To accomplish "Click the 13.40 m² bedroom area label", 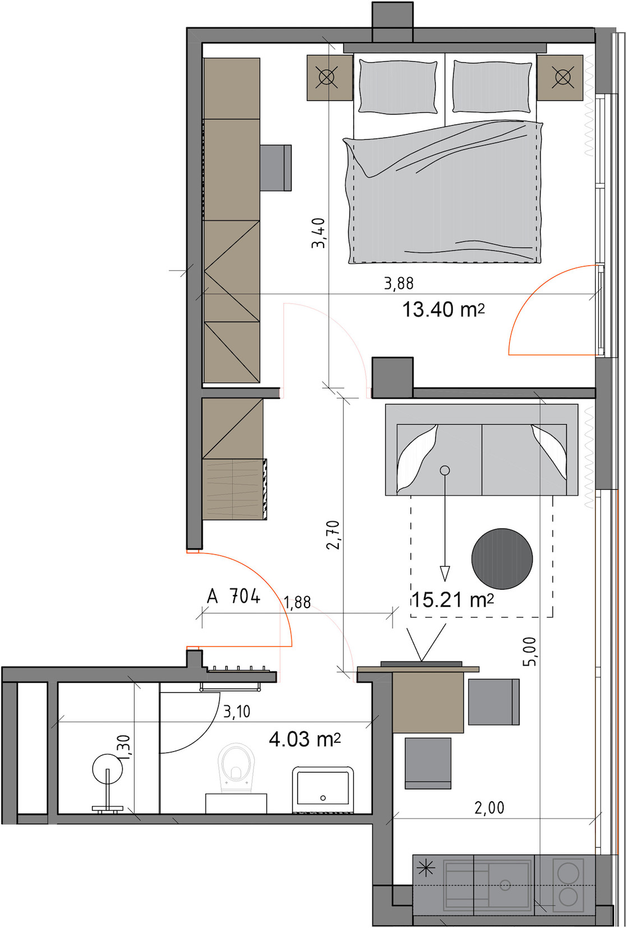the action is point(443,310).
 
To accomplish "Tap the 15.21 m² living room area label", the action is point(453,599).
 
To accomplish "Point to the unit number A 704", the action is point(233,596).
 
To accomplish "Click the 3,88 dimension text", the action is point(399,283).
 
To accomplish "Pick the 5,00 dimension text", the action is point(529,651).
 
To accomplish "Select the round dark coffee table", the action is point(502,558).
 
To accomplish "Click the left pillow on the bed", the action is point(398,86).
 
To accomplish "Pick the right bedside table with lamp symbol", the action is point(560,78).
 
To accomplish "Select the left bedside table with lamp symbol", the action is point(330,78).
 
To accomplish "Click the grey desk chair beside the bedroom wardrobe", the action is point(275,167).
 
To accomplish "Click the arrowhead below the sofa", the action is point(445,574).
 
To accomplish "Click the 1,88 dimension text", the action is point(297,603).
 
